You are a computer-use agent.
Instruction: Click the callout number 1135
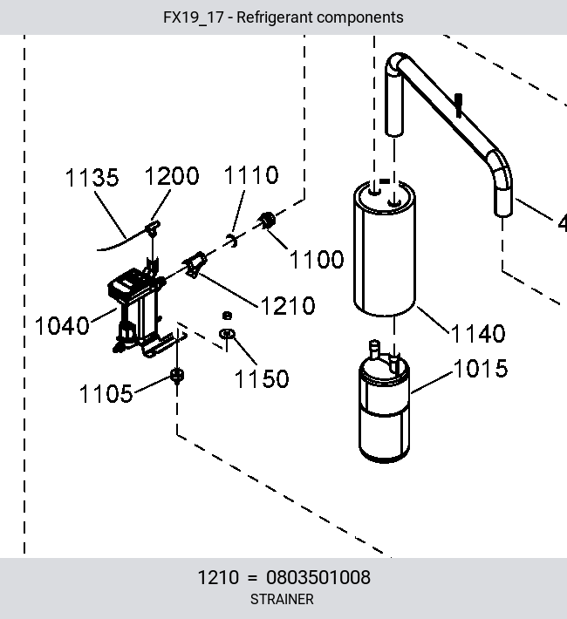(92, 178)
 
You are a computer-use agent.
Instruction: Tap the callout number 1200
(172, 176)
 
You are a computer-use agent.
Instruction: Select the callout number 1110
(251, 175)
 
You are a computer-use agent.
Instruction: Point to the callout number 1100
(317, 259)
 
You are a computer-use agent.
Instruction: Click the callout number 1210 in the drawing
(288, 305)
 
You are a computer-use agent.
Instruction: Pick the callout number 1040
(62, 326)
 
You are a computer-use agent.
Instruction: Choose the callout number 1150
(262, 379)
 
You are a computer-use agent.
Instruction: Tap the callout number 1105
(106, 393)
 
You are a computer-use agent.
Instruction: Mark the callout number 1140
(478, 334)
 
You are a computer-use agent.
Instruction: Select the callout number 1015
(481, 369)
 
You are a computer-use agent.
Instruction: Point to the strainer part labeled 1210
(195, 264)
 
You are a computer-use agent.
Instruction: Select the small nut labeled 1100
(267, 221)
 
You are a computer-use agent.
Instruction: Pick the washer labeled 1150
(227, 334)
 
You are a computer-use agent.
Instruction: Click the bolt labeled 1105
(176, 376)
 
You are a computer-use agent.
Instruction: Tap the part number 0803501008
(318, 577)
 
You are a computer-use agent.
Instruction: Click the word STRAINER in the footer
(282, 599)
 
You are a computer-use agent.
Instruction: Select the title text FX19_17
(194, 17)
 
